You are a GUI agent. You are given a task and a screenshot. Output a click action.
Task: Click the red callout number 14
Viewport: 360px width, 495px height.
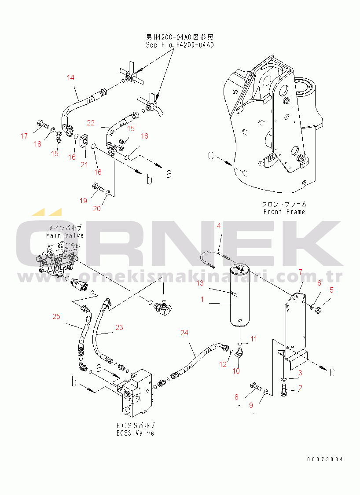[70, 77]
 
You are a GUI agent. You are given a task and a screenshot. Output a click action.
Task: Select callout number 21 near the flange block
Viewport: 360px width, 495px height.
[84, 165]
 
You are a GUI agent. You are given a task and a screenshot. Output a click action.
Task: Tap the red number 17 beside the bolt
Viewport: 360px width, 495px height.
[24, 136]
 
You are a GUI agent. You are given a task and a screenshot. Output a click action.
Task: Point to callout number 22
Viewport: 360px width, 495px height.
[91, 123]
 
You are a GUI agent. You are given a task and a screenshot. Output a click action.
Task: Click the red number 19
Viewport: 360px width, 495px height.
[83, 201]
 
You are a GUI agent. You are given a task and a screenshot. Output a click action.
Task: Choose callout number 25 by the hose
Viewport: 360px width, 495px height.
[56, 316]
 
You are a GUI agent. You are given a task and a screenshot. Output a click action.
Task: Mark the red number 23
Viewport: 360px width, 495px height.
[119, 327]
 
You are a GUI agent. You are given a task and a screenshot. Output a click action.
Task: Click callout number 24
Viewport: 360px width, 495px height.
[184, 333]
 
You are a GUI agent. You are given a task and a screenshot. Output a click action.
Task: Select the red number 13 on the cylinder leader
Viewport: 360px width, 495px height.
[200, 283]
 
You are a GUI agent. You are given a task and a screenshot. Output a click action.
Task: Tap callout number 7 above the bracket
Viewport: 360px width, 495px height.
[300, 272]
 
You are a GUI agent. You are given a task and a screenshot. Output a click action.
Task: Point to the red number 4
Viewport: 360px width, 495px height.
[219, 226]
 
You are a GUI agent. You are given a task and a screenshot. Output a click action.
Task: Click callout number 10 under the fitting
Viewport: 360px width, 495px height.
[236, 371]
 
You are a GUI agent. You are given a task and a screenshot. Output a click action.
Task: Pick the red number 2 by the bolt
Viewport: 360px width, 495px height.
[300, 388]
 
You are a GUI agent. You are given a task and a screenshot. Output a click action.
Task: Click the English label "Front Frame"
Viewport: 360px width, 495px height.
[284, 212]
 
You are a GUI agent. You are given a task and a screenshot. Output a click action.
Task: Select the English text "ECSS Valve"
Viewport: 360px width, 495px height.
[135, 433]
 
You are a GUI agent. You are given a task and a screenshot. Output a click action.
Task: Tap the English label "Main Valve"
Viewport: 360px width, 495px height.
[65, 235]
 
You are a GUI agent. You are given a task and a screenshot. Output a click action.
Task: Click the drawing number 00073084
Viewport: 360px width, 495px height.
[325, 459]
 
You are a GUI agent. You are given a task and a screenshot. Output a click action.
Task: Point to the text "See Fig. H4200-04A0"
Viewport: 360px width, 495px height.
[180, 45]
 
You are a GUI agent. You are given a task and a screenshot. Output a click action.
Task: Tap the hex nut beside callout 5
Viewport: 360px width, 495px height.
[318, 308]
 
